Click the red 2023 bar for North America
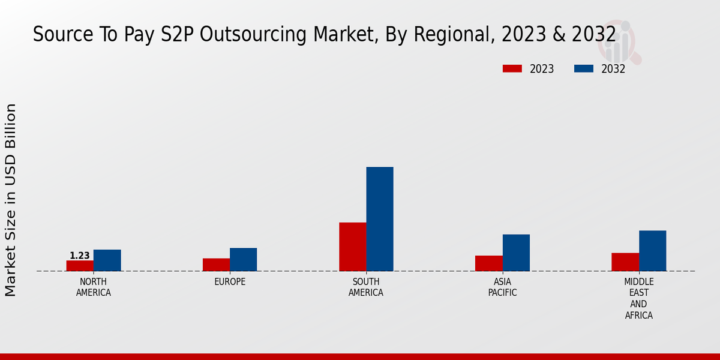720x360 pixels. [x=80, y=266]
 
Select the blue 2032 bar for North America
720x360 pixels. [x=107, y=260]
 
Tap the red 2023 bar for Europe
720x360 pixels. [x=216, y=265]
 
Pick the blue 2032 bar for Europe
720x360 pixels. [x=243, y=260]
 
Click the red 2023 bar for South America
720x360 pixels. [x=352, y=247]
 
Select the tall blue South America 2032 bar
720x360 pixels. [x=380, y=219]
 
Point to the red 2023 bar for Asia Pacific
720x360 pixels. [x=488, y=263]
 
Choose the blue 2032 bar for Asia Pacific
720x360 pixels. [x=516, y=253]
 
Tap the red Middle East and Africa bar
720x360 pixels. [x=625, y=262]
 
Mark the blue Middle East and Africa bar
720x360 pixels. [x=652, y=251]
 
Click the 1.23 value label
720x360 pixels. [x=80, y=256]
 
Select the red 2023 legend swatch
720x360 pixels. [x=512, y=69]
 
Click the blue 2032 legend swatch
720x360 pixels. [x=583, y=69]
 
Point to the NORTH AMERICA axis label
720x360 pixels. [x=94, y=287]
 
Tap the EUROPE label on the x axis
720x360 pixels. [x=230, y=282]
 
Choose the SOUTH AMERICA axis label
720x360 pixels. [x=366, y=287]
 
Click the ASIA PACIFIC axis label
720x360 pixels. [x=502, y=287]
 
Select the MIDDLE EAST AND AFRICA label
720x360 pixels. [x=638, y=299]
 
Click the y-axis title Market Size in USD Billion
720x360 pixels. [x=11, y=200]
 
